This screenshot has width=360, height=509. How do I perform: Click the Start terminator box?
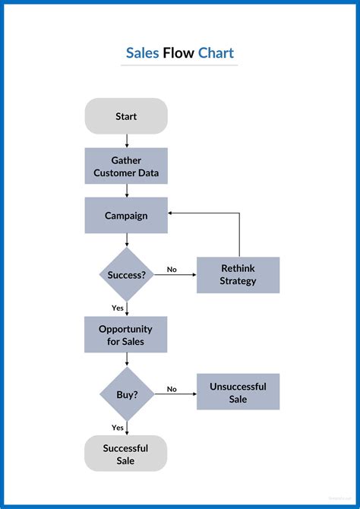point(126,116)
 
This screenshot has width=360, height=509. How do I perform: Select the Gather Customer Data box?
point(126,166)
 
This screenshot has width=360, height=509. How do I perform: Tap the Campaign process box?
point(126,215)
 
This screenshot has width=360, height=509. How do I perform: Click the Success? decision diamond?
point(126,274)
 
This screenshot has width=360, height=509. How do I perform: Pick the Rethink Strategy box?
point(238,274)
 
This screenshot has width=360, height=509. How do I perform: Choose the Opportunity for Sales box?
point(126,335)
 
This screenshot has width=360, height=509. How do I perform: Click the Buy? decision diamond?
point(126,394)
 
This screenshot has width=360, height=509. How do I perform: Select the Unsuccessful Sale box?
point(238,392)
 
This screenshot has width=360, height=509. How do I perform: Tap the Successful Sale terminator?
point(126,454)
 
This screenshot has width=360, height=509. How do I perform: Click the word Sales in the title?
point(142,53)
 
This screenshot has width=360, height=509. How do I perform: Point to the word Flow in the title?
point(178,53)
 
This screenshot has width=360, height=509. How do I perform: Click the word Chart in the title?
point(216,53)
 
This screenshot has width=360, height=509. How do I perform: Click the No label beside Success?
point(172,269)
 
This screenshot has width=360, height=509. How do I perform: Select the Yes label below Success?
point(118,308)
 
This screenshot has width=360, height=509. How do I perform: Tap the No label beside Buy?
point(172,389)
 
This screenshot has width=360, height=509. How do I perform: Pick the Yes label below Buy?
point(118,427)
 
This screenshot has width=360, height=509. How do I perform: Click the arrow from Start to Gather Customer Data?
point(126,141)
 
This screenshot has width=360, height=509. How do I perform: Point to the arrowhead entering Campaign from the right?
point(172,213)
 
